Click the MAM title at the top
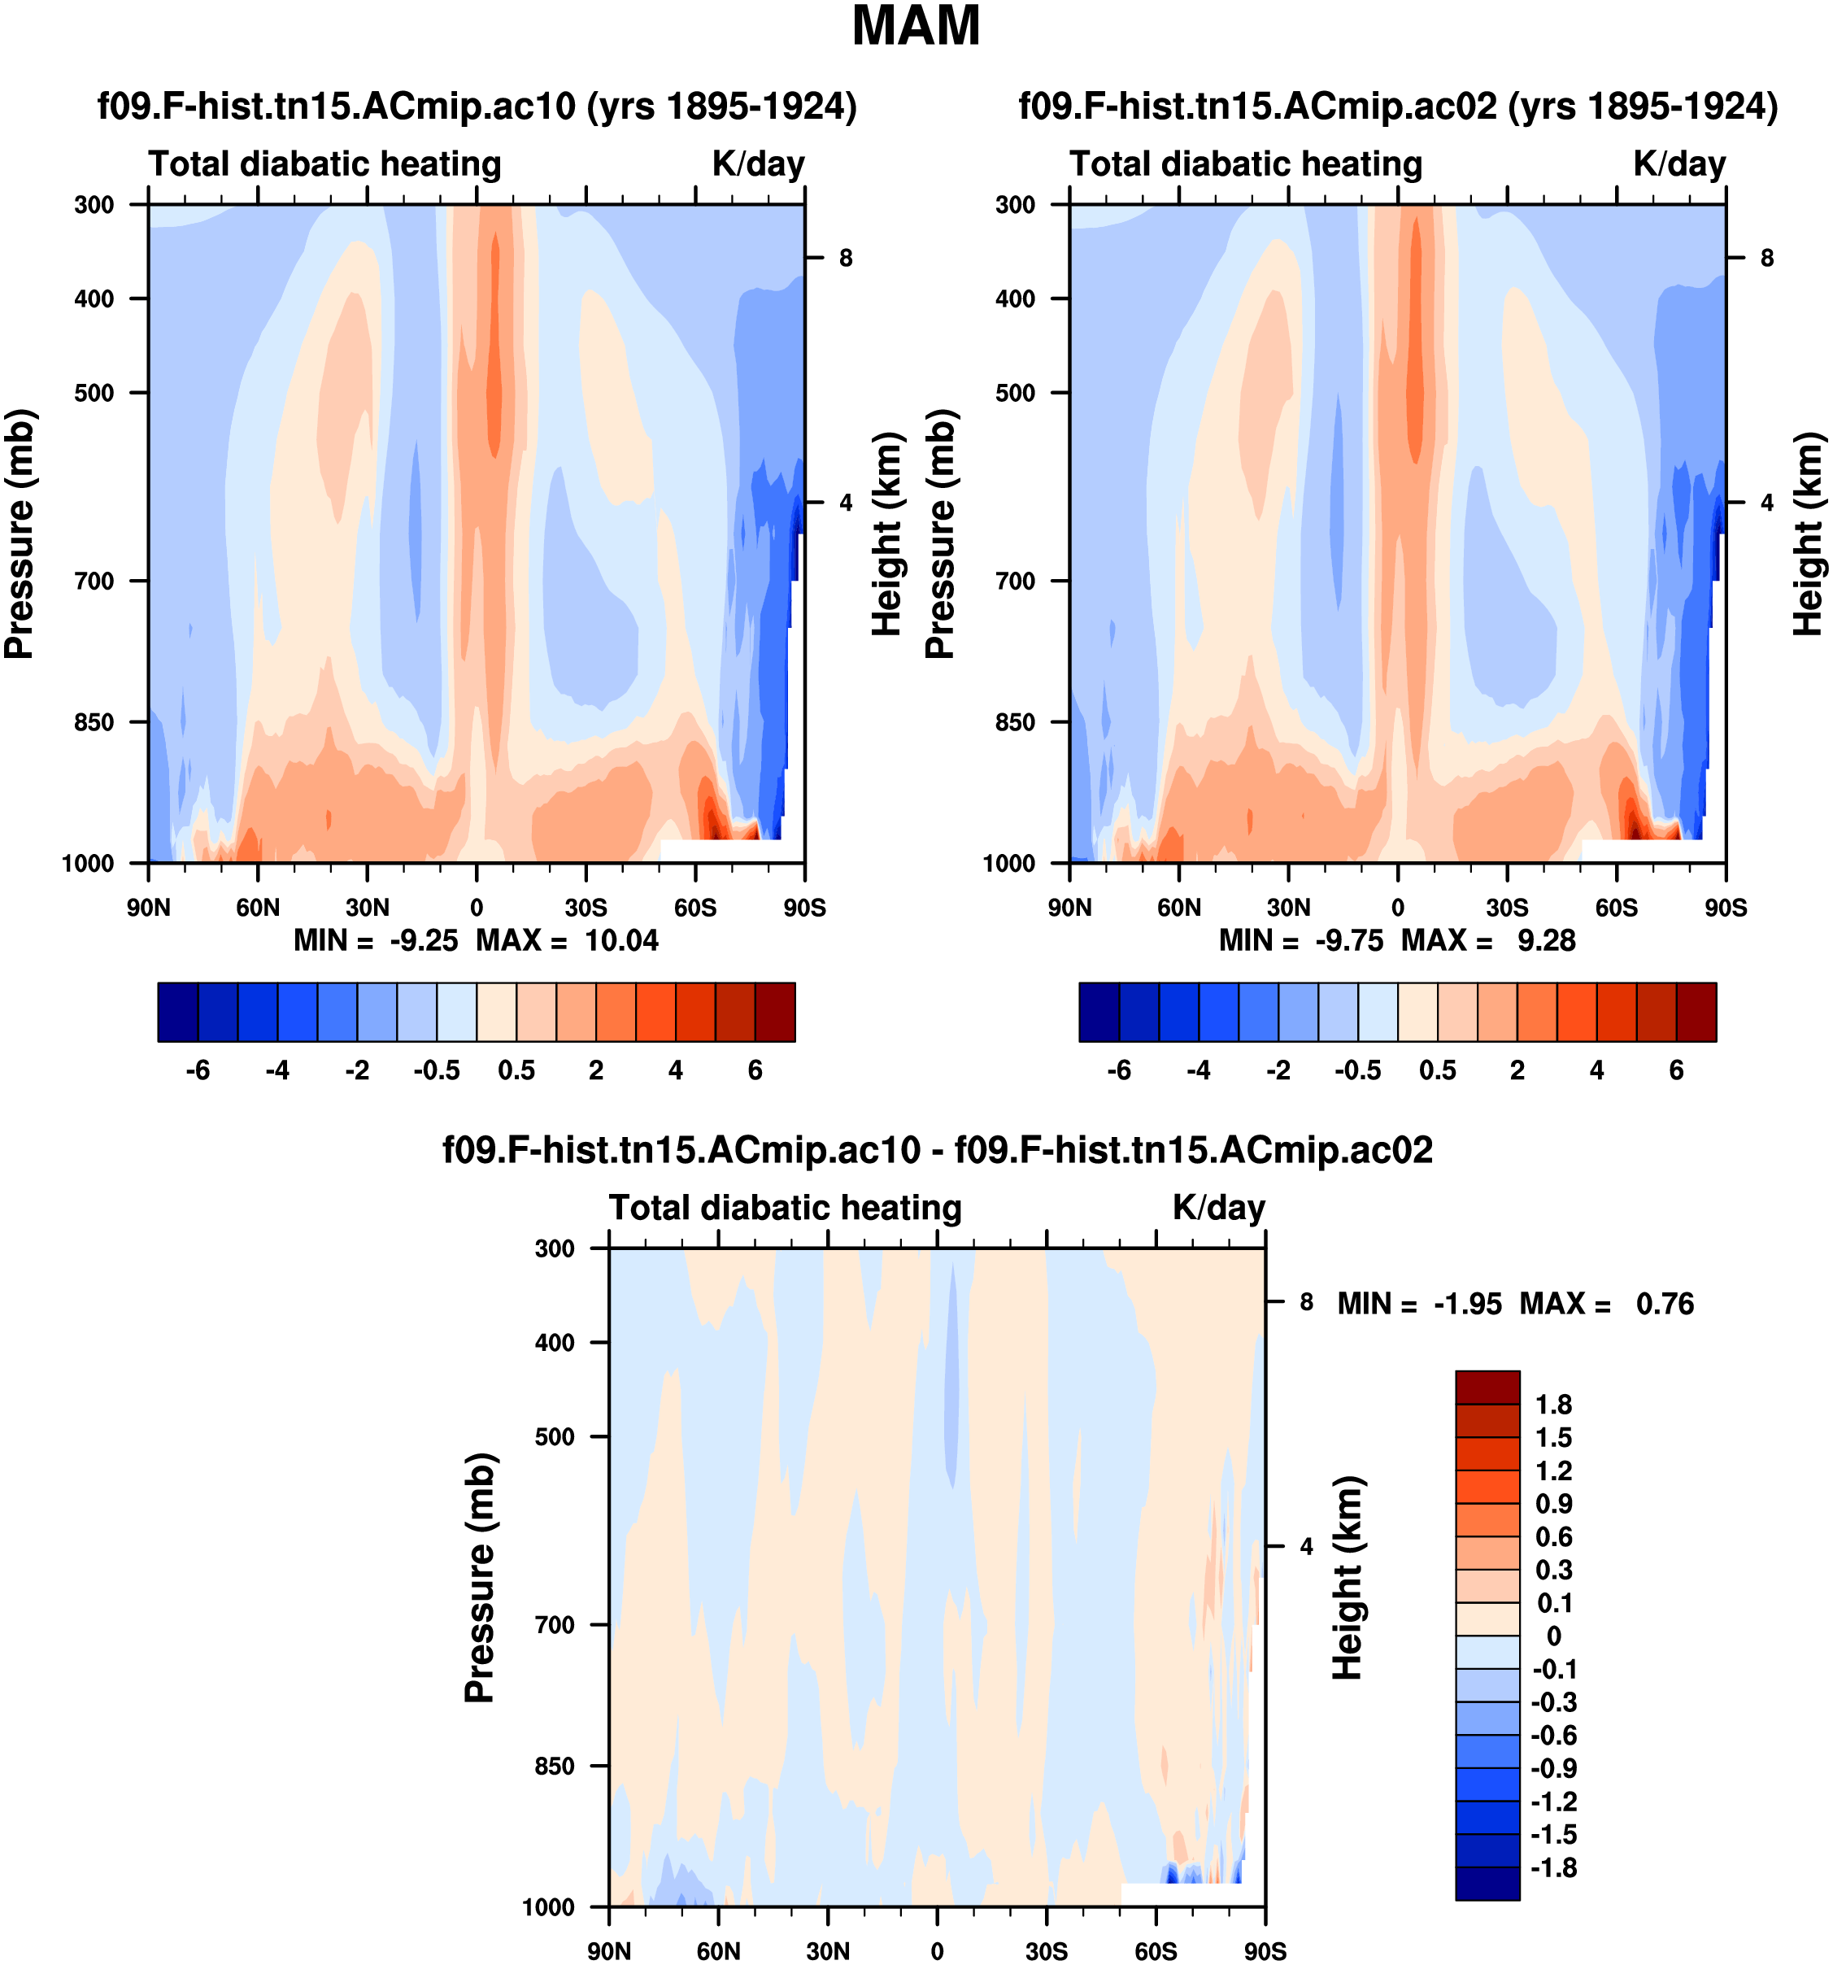[x=916, y=27]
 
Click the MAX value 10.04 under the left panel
[x=621, y=940]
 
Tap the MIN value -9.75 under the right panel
[x=1349, y=940]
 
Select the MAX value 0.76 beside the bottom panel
[x=1665, y=1304]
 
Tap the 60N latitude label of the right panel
[x=1179, y=908]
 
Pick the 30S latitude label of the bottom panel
[x=1047, y=1951]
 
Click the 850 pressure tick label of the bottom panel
[x=555, y=1767]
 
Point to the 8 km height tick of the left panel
[x=846, y=259]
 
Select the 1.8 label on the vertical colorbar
[x=1553, y=1405]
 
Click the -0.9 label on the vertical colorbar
[x=1553, y=1768]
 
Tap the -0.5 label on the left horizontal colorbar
[x=437, y=1070]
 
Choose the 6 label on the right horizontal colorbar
[x=1676, y=1070]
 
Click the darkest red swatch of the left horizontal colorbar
[x=775, y=1012]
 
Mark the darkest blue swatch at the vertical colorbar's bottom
[x=1487, y=1882]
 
